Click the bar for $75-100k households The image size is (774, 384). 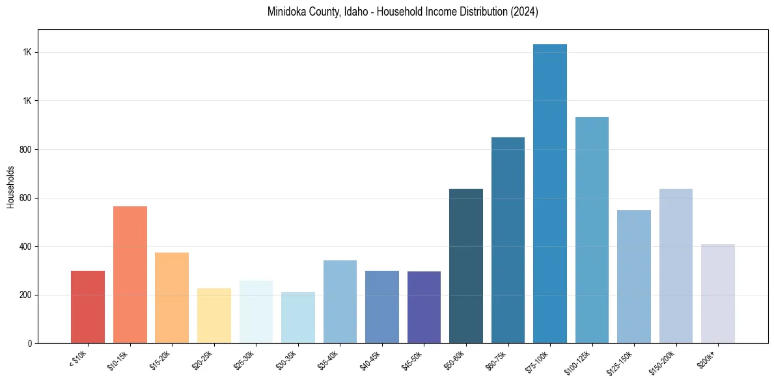(x=550, y=195)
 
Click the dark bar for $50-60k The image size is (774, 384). (x=466, y=267)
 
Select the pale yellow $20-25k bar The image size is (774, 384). (x=214, y=316)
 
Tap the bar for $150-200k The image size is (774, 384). (x=676, y=267)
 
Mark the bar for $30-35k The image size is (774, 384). (x=298, y=318)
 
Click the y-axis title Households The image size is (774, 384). (x=10, y=187)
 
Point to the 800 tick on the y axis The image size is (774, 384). (x=27, y=150)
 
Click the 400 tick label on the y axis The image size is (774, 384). (x=27, y=247)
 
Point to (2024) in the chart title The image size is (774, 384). (x=525, y=12)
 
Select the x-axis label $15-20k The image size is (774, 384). (x=160, y=360)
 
